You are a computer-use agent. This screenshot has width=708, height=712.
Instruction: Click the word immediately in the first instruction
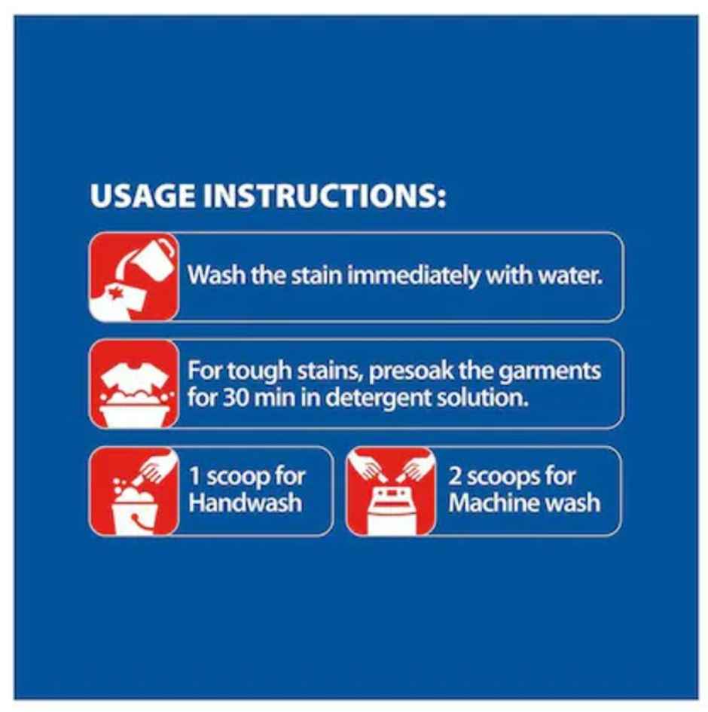pos(414,276)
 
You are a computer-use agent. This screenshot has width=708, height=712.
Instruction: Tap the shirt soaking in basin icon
pos(134,384)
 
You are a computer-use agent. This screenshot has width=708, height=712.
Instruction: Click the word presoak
pos(411,372)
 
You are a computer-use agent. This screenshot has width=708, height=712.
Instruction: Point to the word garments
pos(550,372)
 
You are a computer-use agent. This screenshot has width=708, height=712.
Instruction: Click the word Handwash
pos(245,503)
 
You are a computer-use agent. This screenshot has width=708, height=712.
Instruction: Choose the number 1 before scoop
pos(194,476)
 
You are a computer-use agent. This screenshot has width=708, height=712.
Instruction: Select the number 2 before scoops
pos(455,476)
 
